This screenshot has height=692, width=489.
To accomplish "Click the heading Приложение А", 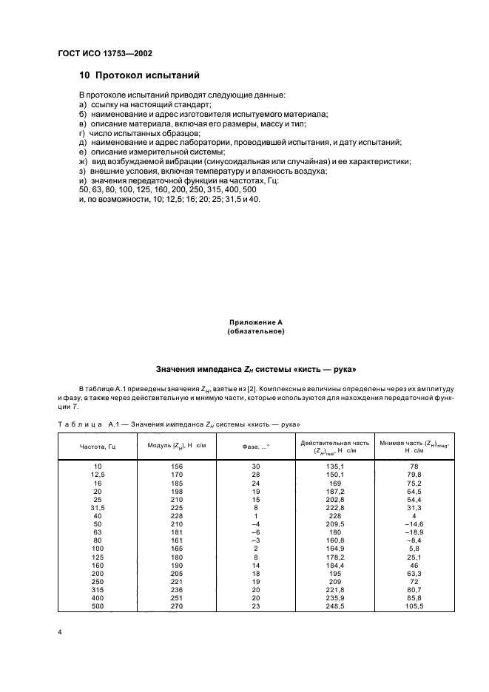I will pos(256,323).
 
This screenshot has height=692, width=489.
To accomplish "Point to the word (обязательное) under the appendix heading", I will pos(256,333).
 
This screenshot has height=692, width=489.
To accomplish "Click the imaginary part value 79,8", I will pos(414,475).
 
